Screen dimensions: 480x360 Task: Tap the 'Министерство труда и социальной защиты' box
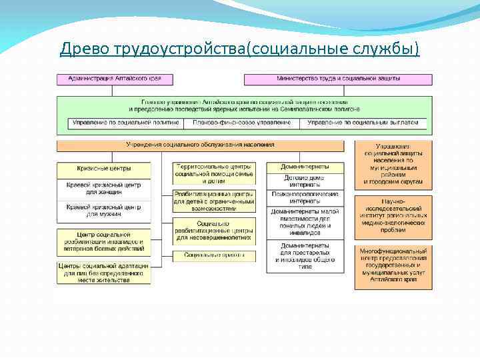(338, 79)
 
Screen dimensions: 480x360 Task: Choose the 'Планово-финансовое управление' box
(241, 123)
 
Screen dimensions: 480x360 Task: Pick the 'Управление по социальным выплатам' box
(363, 123)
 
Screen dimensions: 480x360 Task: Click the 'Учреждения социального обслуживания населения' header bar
(200, 145)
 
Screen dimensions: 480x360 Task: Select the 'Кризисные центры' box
(103, 169)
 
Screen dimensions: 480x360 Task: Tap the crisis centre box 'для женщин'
(103, 188)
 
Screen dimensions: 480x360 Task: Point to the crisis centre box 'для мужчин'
(103, 211)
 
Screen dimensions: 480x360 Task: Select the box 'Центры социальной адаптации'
(103, 273)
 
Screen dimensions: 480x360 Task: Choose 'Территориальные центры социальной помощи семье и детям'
(213, 173)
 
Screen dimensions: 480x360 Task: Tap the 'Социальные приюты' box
(213, 255)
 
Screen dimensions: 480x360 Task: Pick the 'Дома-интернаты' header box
(305, 167)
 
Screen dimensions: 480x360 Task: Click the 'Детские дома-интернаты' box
(305, 181)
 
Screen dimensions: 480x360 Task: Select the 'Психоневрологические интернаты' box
(305, 197)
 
